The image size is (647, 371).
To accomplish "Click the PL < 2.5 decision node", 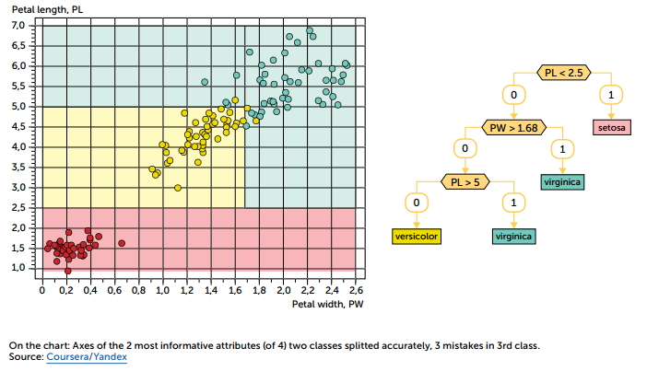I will pos(563,72).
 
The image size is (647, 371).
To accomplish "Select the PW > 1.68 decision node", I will pos(514,126).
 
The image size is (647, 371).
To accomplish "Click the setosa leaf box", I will pos(611,126).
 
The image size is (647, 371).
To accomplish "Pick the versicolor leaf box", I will pos(417,236).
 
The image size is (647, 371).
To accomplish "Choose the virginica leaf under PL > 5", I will pos(514,236).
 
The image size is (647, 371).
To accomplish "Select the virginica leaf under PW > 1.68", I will pos(562,181).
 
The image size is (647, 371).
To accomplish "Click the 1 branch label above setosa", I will pos(611,95).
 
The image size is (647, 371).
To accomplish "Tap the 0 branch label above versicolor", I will pos(417,202).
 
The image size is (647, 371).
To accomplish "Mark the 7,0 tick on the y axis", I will pos(18,25).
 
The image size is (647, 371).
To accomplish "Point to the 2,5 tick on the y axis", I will pos(18,208).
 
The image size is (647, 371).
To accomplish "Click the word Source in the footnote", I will pos(26,356).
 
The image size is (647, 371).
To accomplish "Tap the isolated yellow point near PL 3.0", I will pos(178,188).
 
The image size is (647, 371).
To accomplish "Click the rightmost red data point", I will pos(121,243).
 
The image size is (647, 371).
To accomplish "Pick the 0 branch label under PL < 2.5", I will pos(514,95).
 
